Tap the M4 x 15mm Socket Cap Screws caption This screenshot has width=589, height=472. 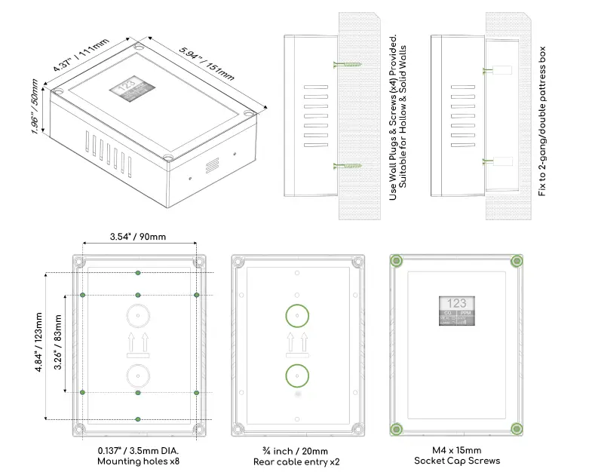click(456, 455)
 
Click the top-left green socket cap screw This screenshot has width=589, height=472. click(396, 261)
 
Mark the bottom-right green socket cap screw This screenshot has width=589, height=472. click(517, 429)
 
